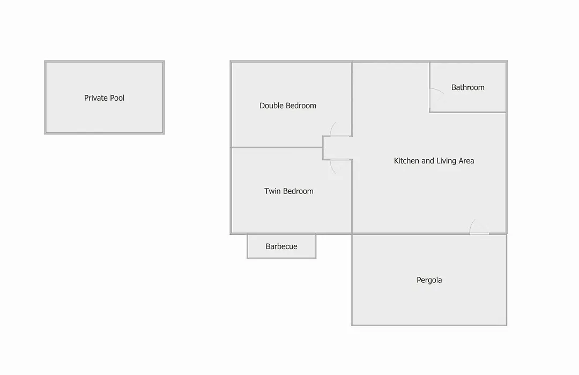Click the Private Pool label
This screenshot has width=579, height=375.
[x=104, y=98]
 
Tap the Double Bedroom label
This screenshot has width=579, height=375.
[x=288, y=106]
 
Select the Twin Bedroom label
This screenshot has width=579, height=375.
[x=289, y=191]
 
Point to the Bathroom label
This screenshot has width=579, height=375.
[x=468, y=87]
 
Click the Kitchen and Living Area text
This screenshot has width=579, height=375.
[x=434, y=161]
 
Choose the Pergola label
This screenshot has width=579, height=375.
[x=429, y=280]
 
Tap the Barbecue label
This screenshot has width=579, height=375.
[x=281, y=246]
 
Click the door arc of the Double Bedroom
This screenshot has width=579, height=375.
[x=332, y=129]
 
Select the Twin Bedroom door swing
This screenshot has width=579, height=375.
[x=332, y=167]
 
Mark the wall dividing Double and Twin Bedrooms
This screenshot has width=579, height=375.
[x=277, y=147]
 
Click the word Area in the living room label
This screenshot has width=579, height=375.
[x=466, y=161]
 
